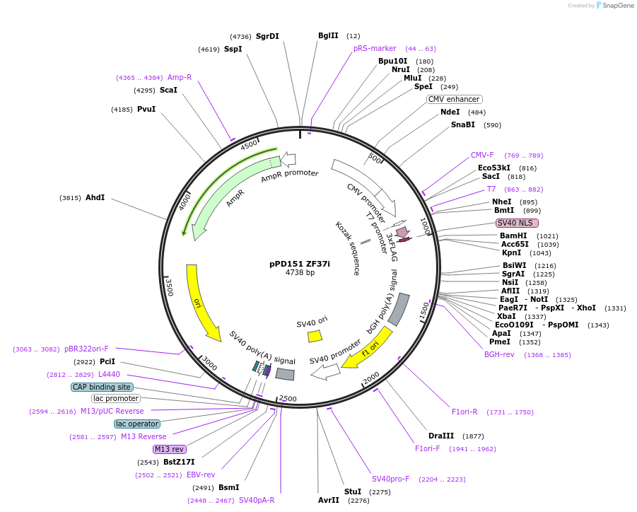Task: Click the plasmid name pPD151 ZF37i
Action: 300,263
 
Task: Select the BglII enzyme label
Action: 328,35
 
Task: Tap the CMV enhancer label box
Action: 454,99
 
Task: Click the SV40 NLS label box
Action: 518,223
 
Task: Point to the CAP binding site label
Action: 102,387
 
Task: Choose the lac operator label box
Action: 137,424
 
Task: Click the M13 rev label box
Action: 169,449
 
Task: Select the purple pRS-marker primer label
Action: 375,48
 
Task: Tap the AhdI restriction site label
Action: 95,197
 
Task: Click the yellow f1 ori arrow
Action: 370,349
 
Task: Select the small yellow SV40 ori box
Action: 315,336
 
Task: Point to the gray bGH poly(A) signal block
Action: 399,309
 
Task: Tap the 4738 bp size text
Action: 300,272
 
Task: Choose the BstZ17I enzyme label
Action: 178,462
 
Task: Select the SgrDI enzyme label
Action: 267,36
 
